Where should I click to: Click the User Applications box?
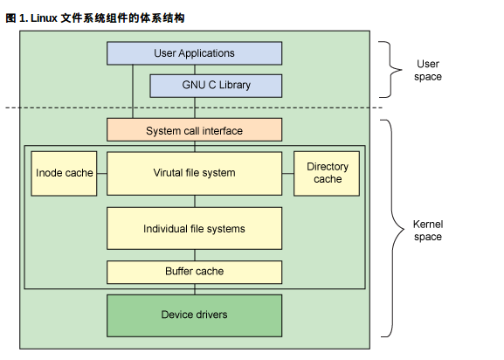(x=194, y=53)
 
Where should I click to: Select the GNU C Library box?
(x=216, y=86)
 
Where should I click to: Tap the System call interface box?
(x=194, y=130)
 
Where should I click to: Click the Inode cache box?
(x=64, y=173)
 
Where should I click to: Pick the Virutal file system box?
(x=194, y=173)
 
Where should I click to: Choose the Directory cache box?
(x=327, y=173)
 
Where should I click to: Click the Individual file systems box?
(x=194, y=229)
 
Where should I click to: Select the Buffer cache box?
(x=194, y=272)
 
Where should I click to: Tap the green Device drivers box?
(x=194, y=315)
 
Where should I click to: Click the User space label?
(x=428, y=70)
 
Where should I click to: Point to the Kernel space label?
(x=428, y=231)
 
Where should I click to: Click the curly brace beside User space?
(x=388, y=70)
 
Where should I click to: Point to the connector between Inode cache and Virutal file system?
(x=101, y=173)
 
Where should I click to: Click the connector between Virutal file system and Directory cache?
(x=287, y=173)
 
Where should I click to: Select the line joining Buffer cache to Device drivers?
(x=194, y=289)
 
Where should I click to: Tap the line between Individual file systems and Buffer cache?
(x=194, y=255)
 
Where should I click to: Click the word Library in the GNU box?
(x=238, y=86)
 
